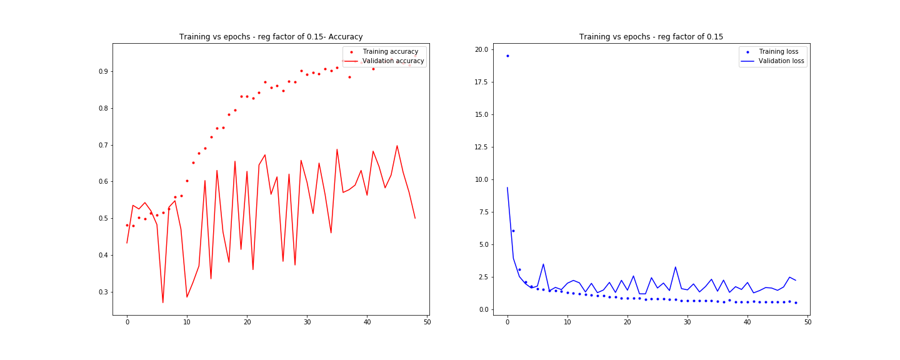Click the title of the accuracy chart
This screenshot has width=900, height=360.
pos(271,37)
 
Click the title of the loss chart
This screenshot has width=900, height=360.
pos(651,37)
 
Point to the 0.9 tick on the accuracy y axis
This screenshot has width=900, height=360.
pos(101,71)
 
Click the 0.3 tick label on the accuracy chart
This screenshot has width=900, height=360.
pos(101,292)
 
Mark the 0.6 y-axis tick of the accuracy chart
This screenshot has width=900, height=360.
pos(101,182)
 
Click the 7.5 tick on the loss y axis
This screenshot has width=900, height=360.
pos(482,212)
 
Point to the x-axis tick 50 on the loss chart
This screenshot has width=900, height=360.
pos(807,322)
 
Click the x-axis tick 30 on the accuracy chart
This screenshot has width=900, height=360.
pos(307,322)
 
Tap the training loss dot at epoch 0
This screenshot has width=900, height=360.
pos(507,56)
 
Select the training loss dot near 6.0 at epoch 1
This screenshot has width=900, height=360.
pos(513,231)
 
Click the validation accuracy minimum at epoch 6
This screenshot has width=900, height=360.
pos(163,303)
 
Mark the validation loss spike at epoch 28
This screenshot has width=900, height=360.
pos(675,267)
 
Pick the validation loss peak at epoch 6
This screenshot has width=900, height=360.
pos(543,264)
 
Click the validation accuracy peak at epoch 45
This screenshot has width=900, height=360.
pos(397,146)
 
